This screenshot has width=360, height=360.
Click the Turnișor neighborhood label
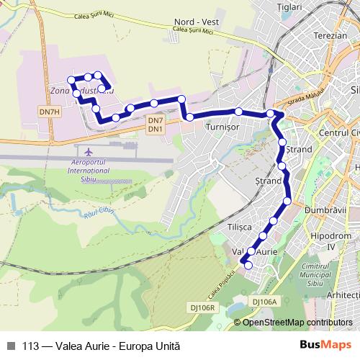(222, 127)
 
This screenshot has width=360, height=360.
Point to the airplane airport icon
(89, 153)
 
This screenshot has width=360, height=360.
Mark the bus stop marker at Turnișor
(238, 112)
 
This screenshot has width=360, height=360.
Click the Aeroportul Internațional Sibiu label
(89, 171)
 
